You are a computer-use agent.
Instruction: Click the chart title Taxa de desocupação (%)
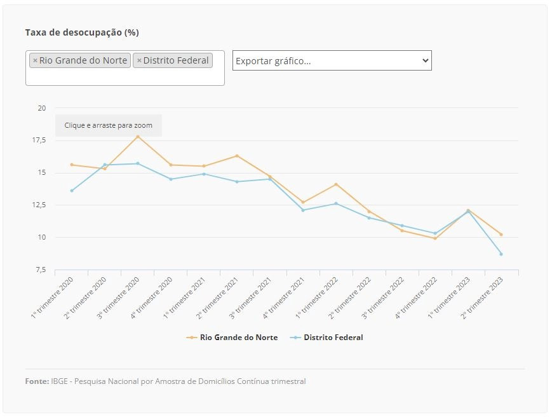point(82,32)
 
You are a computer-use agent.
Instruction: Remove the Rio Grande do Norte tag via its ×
point(35,60)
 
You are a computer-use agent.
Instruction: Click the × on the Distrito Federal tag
point(139,60)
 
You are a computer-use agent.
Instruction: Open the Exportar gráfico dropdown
point(332,60)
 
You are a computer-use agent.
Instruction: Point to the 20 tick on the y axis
point(42,108)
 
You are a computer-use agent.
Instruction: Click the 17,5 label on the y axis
point(39,140)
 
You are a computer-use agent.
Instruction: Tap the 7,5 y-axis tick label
point(41,270)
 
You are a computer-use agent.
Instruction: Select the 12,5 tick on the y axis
point(39,205)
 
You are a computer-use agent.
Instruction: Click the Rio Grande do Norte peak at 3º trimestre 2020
point(138,136)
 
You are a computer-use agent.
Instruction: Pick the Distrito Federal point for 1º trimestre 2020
point(72,191)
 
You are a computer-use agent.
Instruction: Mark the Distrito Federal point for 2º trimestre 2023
point(501,254)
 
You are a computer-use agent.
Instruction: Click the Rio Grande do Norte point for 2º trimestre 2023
point(501,234)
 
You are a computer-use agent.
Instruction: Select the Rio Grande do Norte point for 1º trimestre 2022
point(336,184)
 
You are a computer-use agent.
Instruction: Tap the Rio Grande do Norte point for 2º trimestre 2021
point(237,156)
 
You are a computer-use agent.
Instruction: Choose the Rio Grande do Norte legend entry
point(232,338)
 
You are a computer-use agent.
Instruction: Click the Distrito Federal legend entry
point(326,338)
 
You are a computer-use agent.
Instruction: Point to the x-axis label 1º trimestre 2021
point(184,297)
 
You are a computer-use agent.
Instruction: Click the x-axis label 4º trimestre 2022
point(415,297)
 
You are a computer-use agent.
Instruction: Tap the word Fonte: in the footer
point(37,381)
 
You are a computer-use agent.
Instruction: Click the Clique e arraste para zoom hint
point(109,125)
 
